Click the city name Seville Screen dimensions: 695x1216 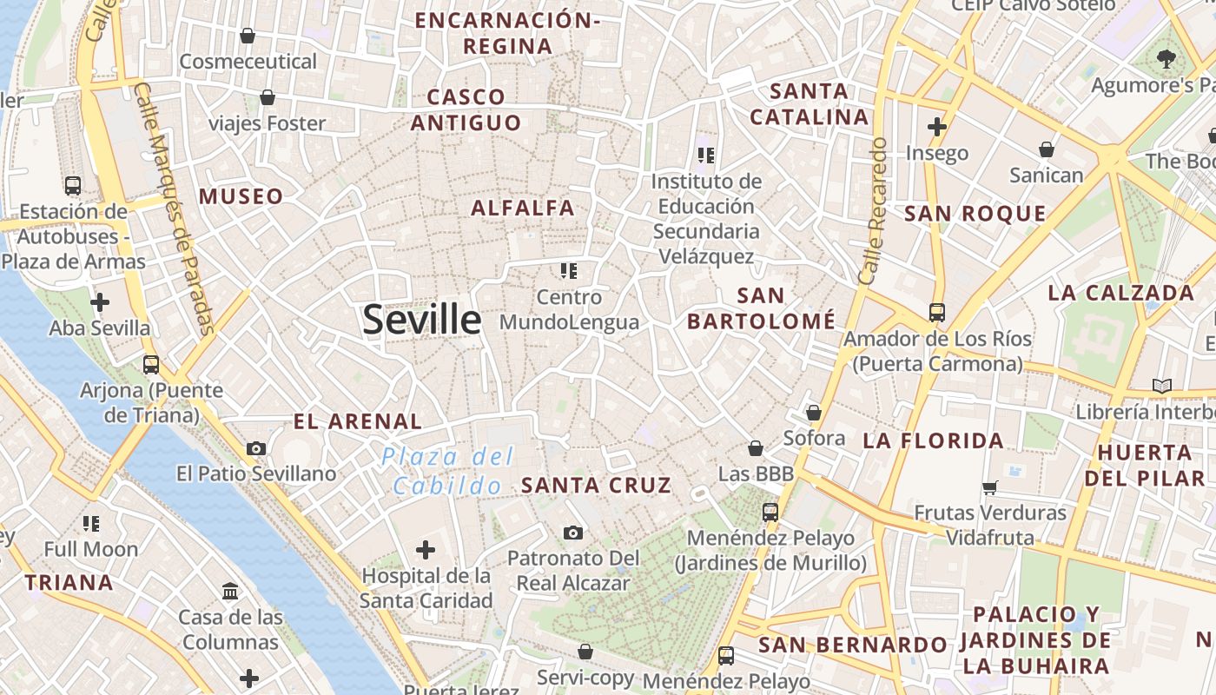[421, 320]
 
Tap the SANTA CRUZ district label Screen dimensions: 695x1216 [596, 486]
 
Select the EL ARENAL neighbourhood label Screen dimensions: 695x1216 [357, 422]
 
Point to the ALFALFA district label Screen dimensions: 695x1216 [522, 208]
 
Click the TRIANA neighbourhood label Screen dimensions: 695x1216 [69, 583]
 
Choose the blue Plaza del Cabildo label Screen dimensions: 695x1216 [448, 471]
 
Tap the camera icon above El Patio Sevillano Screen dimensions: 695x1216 [256, 448]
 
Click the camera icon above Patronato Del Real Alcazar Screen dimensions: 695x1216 [573, 533]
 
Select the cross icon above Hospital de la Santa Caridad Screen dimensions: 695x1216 [426, 550]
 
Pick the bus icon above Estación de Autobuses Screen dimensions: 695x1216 [73, 185]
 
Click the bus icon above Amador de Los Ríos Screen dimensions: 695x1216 [937, 312]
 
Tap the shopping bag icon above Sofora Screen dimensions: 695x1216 [814, 413]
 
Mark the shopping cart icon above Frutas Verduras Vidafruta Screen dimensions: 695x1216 [989, 487]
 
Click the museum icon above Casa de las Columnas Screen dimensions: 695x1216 [231, 592]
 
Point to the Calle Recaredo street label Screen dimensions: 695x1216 [873, 211]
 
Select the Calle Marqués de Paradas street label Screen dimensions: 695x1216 [175, 208]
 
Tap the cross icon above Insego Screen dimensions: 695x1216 [936, 127]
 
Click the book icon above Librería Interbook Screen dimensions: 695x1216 [1161, 385]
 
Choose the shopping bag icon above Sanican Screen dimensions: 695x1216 [1047, 149]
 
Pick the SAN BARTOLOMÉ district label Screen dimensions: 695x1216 [761, 308]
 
